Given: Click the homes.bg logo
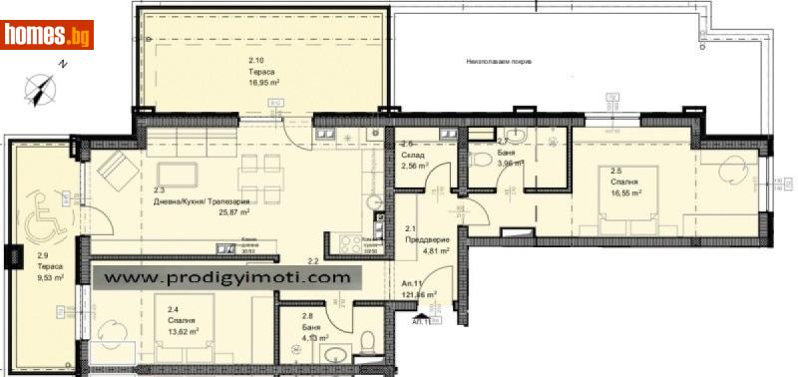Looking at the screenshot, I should (48, 36).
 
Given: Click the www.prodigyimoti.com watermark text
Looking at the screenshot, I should (227, 277).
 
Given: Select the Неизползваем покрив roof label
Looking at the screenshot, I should (498, 61).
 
